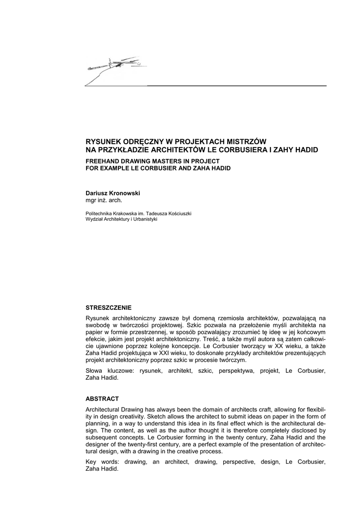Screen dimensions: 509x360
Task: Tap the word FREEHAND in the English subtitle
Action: click(104, 161)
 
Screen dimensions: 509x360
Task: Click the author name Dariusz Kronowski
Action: click(113, 193)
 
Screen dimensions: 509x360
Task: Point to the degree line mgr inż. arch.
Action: click(104, 200)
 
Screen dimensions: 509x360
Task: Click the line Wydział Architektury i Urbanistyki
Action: click(121, 219)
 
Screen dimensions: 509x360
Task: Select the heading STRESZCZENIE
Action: click(108, 308)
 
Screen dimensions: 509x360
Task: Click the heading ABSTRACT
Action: click(102, 399)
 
